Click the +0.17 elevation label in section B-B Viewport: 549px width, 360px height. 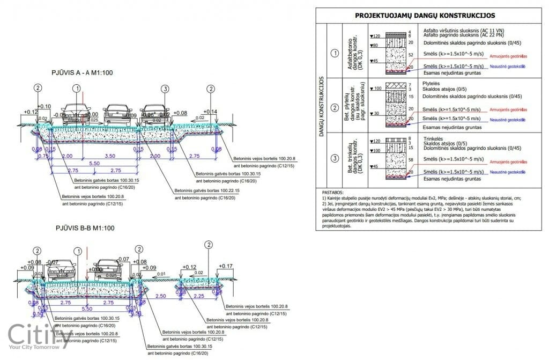click(x=226, y=266)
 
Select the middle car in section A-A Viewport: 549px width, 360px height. click(x=117, y=114)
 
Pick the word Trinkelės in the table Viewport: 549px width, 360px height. click(x=435, y=138)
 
